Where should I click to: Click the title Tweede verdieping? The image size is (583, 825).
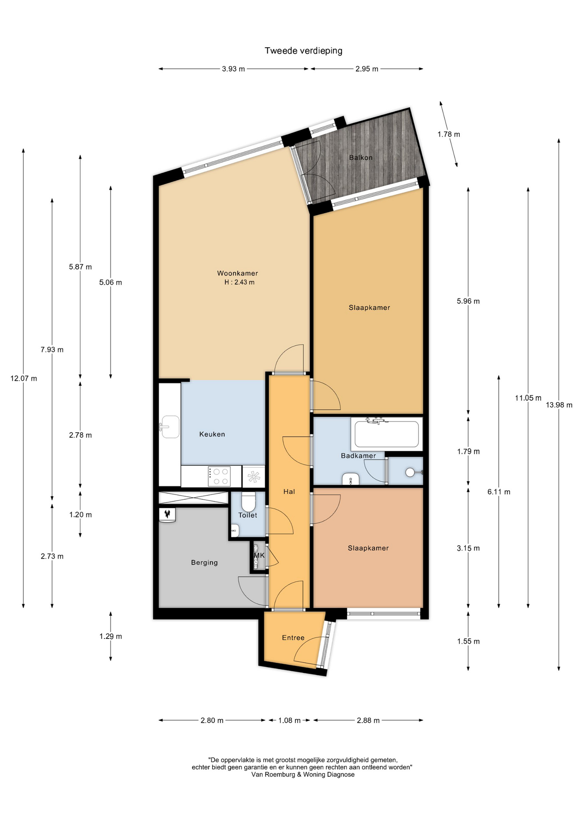(x=304, y=51)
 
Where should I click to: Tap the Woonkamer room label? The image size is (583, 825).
(x=237, y=273)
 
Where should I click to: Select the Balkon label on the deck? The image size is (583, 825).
(x=361, y=158)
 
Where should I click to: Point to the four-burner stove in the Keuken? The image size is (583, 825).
(x=219, y=477)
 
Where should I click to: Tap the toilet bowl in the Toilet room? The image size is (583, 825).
(x=249, y=501)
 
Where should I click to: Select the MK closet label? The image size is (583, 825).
(x=259, y=556)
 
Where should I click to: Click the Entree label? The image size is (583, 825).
(x=293, y=638)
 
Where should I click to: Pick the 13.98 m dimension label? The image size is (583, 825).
(x=559, y=405)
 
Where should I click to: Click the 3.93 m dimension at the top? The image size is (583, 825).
(x=234, y=69)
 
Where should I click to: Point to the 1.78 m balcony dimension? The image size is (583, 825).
(x=449, y=134)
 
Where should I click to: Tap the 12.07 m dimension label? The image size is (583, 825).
(x=24, y=379)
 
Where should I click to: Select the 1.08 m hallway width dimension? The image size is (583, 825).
(x=289, y=720)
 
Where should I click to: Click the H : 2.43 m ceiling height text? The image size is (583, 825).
(x=240, y=282)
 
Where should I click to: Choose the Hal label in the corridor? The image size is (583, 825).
(x=289, y=492)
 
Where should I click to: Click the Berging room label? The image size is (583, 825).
(x=204, y=562)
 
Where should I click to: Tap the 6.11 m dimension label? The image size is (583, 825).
(x=499, y=492)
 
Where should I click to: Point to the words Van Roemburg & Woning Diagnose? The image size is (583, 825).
(x=303, y=774)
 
